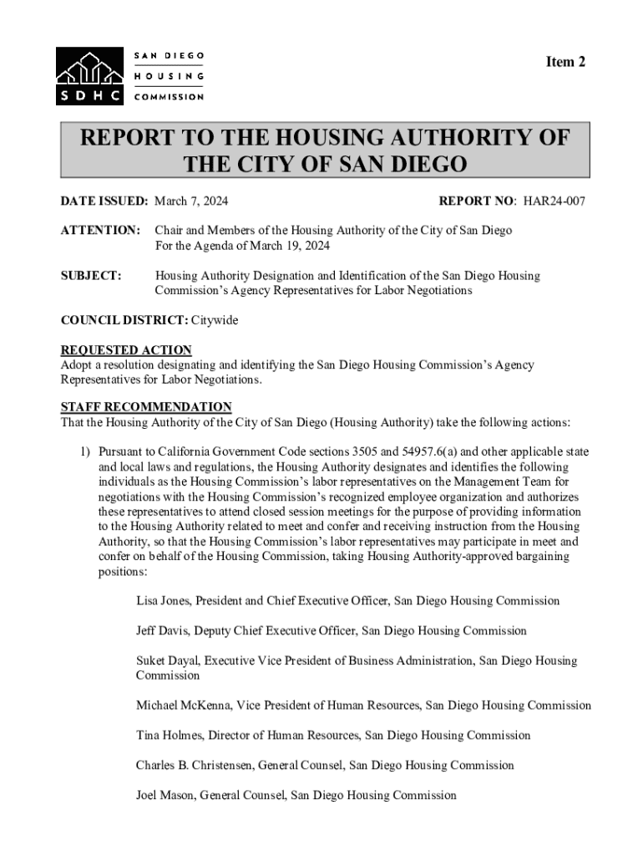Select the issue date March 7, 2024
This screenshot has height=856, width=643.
(191, 201)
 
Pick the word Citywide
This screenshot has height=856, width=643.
(215, 320)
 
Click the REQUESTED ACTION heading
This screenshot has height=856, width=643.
(126, 350)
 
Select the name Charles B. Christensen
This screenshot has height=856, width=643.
(194, 765)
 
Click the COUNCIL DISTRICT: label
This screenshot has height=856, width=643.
(124, 320)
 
